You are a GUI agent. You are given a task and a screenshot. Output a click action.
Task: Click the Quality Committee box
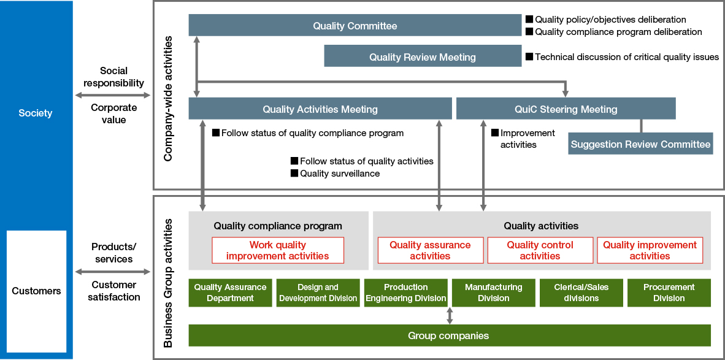click(355, 26)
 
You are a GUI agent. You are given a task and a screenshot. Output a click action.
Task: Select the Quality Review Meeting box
click(422, 57)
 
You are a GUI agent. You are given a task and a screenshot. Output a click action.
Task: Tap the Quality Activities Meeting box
click(320, 109)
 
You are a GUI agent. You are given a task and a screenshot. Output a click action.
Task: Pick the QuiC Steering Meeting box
click(566, 109)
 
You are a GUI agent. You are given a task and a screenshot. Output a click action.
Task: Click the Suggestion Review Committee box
click(640, 145)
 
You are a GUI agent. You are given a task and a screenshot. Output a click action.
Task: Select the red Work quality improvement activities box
click(277, 250)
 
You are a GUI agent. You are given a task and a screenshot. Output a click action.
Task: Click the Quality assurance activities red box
click(430, 250)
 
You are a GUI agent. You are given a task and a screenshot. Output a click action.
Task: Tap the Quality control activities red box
click(540, 250)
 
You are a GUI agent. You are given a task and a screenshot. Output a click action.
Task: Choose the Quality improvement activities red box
click(650, 250)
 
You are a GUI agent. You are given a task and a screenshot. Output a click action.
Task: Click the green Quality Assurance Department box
click(230, 293)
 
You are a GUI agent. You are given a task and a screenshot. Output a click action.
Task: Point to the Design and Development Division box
click(318, 293)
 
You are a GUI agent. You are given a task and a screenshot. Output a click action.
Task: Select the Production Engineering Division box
click(405, 293)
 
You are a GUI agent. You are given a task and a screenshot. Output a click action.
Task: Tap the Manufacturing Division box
click(493, 293)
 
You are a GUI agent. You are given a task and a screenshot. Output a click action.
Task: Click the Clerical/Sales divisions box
click(581, 293)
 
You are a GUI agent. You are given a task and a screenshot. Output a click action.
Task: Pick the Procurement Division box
click(669, 293)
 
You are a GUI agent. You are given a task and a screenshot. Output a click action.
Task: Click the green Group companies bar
click(449, 335)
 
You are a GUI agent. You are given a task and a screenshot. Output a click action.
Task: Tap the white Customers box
click(36, 291)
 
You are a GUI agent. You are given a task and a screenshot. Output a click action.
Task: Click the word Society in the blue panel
click(36, 113)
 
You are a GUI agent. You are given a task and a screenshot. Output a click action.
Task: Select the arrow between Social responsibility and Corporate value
click(113, 95)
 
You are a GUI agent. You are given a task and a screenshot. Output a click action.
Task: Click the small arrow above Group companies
click(450, 315)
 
